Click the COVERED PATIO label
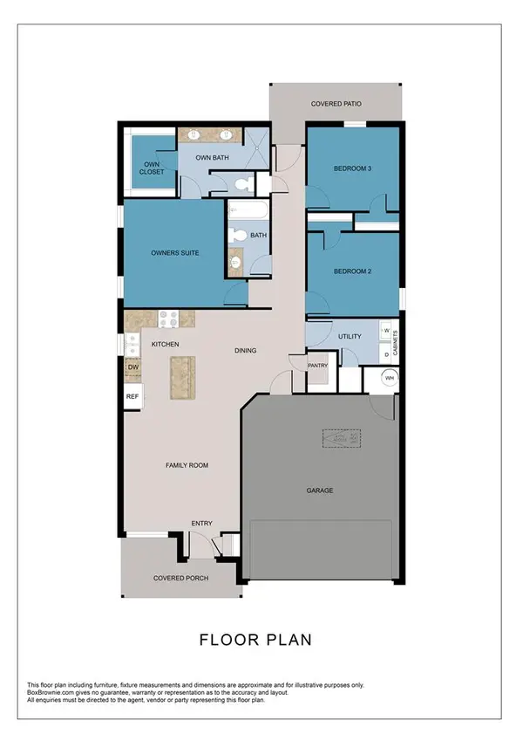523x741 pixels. click(x=336, y=104)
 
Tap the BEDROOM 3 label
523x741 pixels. click(x=353, y=169)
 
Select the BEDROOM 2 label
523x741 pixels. click(x=353, y=271)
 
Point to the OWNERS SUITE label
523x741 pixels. click(x=175, y=253)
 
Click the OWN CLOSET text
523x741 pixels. click(x=152, y=168)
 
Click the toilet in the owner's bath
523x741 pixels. click(x=242, y=184)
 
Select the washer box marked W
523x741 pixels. click(x=385, y=332)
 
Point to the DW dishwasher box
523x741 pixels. click(x=132, y=368)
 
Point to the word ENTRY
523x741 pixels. click(x=201, y=524)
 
